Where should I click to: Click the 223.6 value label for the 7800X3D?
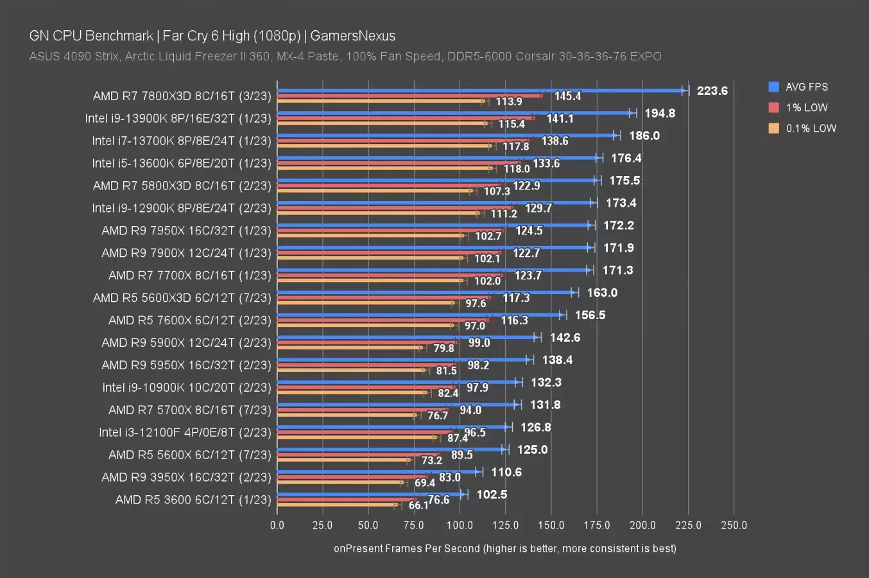712,91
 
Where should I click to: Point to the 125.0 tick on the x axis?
505,525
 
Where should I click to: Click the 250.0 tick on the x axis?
734,525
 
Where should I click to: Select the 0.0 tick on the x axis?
277,525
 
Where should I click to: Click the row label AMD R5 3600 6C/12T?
193,500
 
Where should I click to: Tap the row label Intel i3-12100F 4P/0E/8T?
185,432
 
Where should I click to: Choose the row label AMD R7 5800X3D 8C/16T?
182,186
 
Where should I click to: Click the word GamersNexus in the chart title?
353,36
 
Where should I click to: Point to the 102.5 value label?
492,495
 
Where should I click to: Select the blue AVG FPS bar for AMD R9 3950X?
379,472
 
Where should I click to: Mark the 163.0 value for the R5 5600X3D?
602,293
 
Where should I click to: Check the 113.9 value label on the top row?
509,101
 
